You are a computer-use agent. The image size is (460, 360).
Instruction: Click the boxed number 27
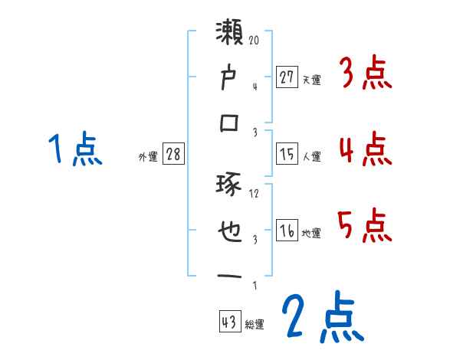tap(287, 77)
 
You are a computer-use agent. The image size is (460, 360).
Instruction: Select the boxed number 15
tap(287, 154)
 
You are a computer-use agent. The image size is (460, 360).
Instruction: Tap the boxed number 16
tap(287, 231)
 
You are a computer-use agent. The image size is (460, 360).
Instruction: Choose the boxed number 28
tap(173, 154)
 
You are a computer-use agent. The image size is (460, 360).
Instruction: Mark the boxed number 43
tap(229, 321)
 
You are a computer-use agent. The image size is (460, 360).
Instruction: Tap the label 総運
tap(255, 324)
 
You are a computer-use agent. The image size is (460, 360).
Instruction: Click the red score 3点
tap(364, 75)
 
